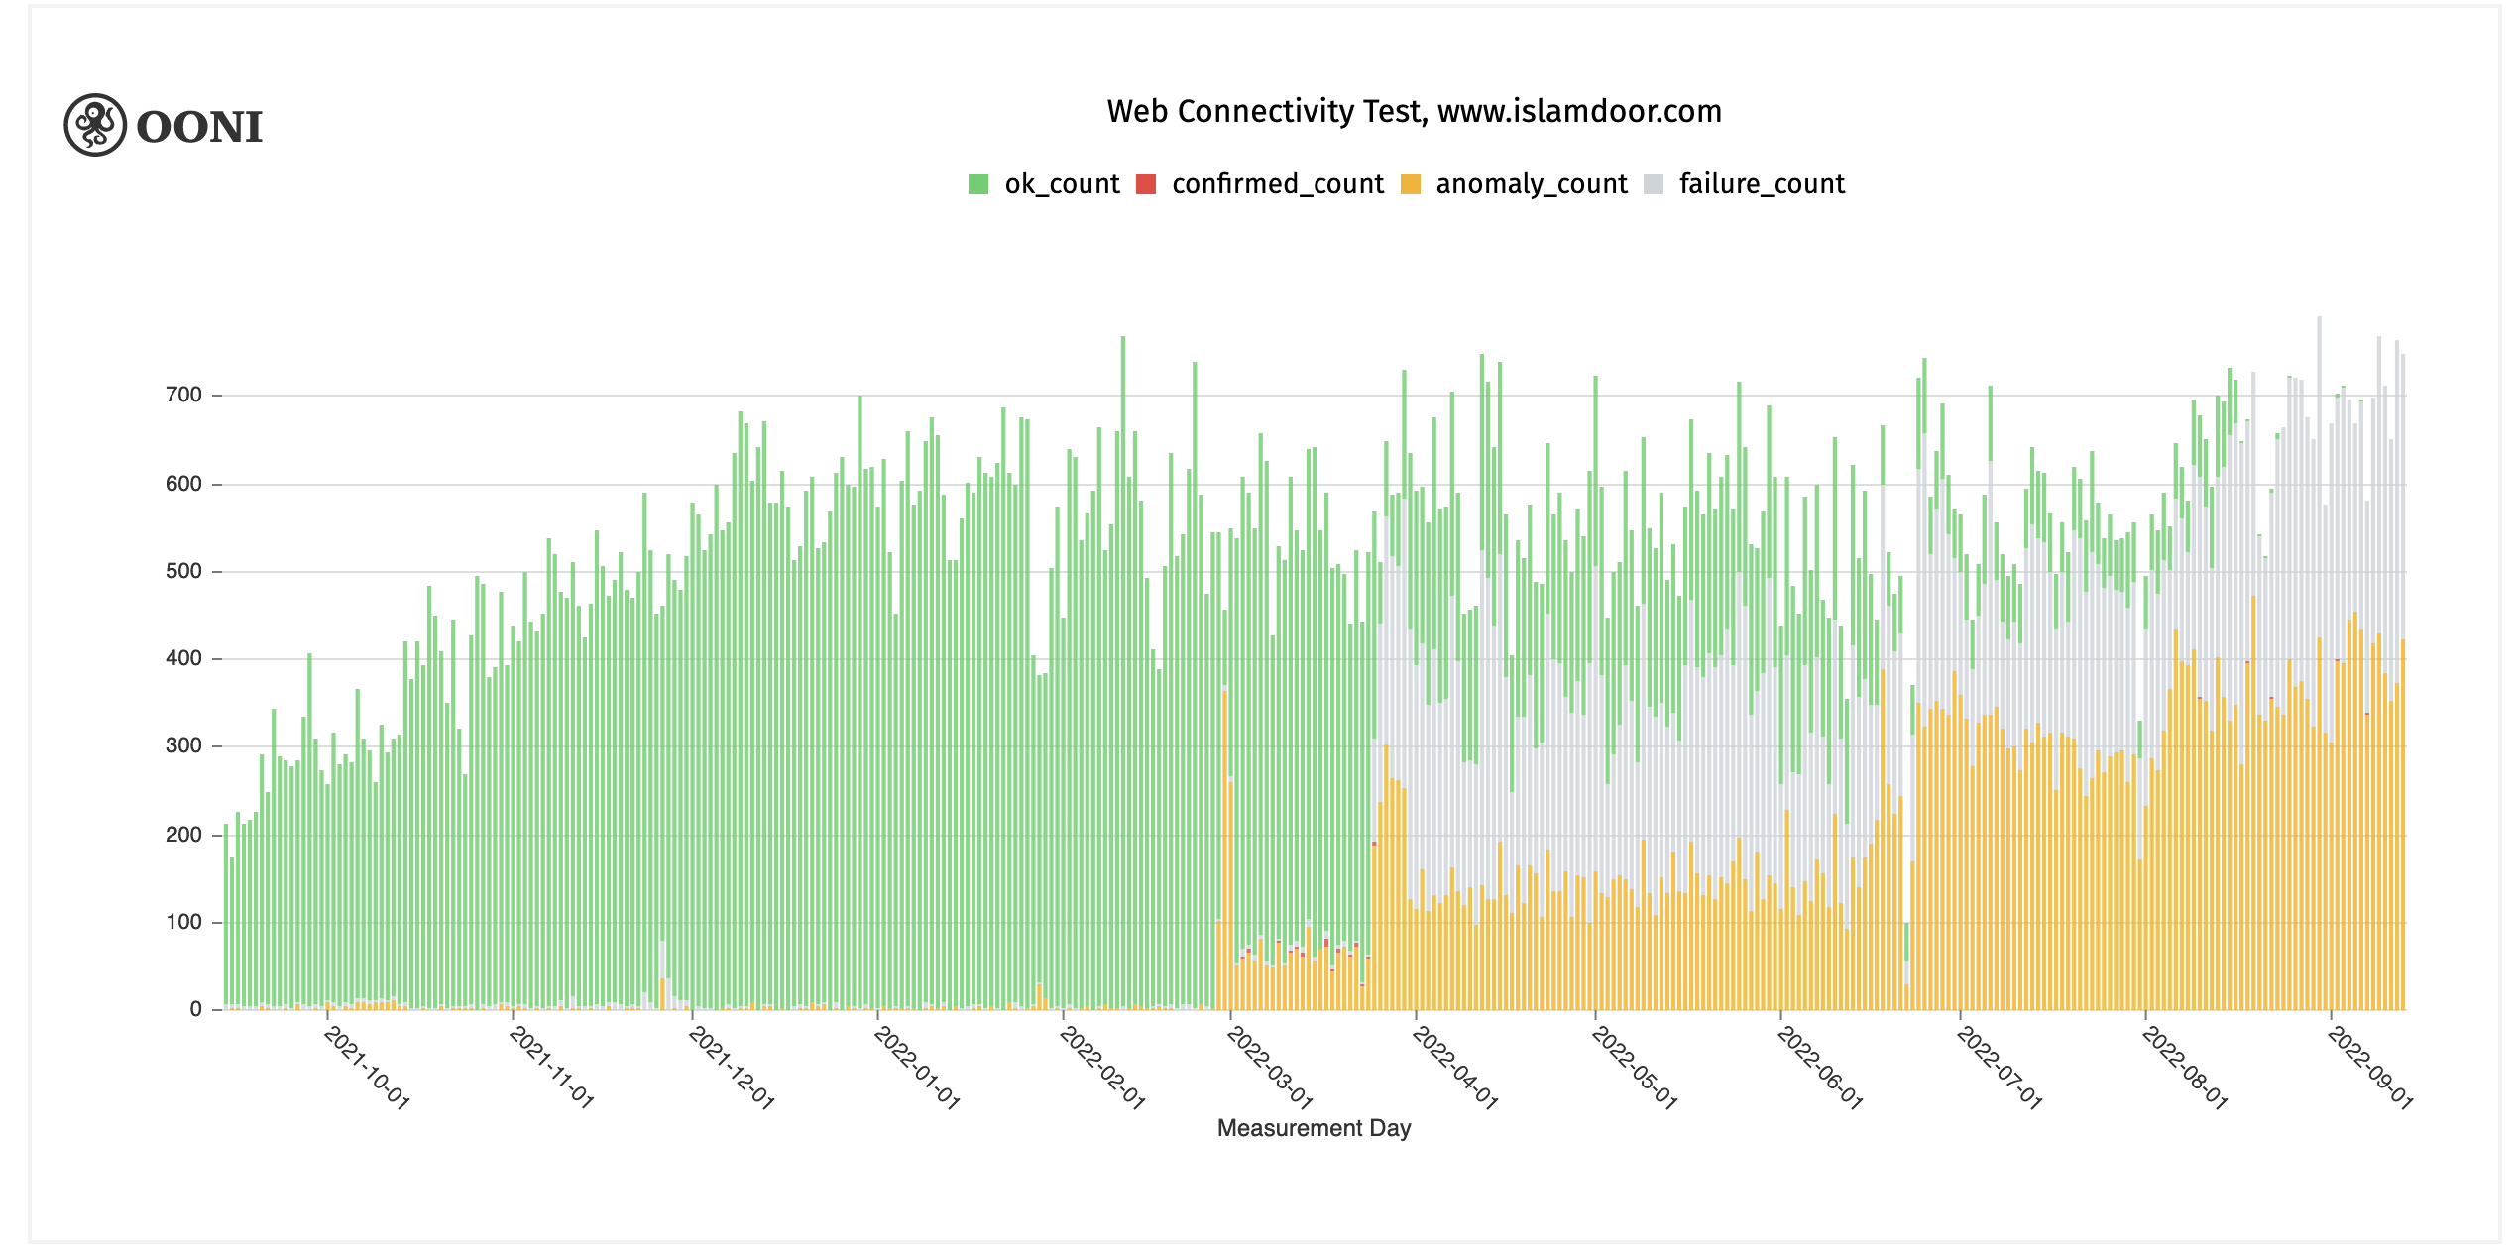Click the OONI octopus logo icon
pos(95,125)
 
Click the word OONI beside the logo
pos(199,127)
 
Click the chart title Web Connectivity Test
pos(1266,111)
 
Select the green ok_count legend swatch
pos(978,184)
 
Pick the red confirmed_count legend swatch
pos(1146,184)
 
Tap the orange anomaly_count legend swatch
pos(1410,184)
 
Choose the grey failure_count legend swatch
pos(1654,184)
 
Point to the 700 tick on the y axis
pos(184,395)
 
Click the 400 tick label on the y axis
pos(184,658)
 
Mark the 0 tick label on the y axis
pos(195,1009)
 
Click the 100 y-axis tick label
pos(184,922)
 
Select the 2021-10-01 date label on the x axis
pos(367,1068)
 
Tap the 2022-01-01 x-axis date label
pos(917,1068)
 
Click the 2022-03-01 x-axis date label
pos(1270,1068)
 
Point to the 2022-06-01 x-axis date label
pos(1820,1068)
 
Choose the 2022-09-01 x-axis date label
pos(2370,1068)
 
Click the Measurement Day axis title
pos(1314,1128)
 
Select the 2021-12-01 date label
pos(732,1068)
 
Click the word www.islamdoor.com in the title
pos(1579,111)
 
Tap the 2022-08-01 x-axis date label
pos(2185,1068)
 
